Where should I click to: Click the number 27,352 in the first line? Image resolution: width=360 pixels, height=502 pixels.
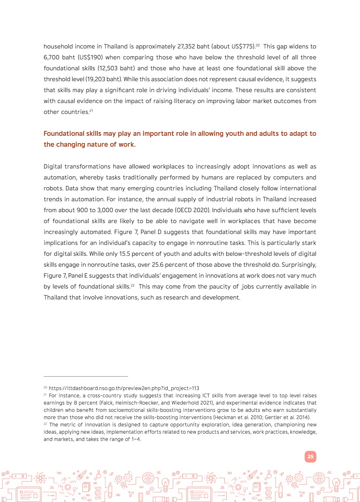[x=187, y=46]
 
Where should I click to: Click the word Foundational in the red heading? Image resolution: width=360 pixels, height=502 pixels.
[x=62, y=133]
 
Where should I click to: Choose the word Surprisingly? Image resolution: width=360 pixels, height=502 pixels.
[x=295, y=265]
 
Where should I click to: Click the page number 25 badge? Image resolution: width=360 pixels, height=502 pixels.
[x=310, y=457]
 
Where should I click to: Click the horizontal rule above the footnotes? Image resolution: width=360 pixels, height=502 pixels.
[x=86, y=376]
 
